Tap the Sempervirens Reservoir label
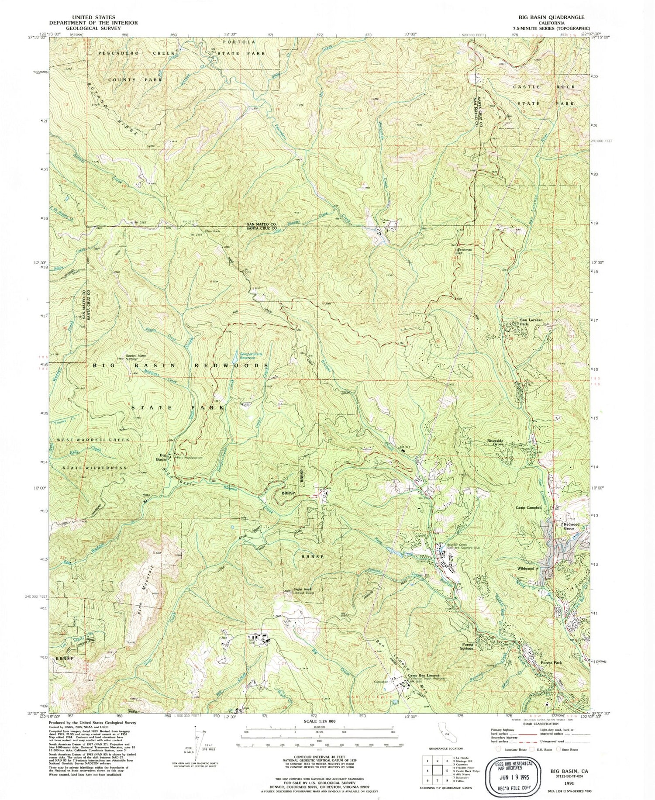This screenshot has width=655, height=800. pyautogui.click(x=251, y=355)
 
